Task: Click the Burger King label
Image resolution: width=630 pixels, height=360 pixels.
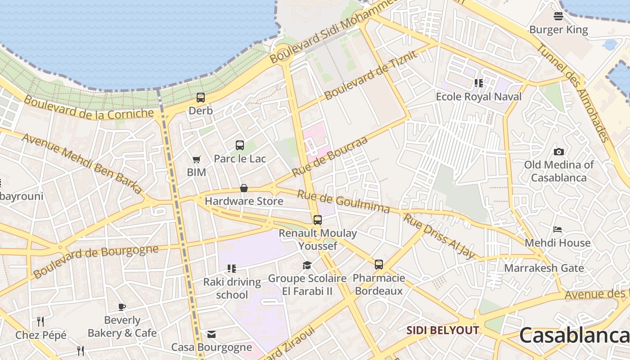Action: click(x=558, y=30)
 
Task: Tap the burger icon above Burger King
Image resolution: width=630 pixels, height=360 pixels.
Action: click(x=558, y=17)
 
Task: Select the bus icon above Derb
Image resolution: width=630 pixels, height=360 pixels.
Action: click(x=201, y=97)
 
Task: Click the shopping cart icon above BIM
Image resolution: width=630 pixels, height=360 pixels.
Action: click(x=196, y=159)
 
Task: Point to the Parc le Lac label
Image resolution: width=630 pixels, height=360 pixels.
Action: click(x=240, y=158)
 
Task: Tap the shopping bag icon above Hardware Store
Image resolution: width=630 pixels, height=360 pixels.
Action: click(x=244, y=188)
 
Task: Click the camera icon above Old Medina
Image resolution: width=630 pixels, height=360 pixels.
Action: click(x=559, y=152)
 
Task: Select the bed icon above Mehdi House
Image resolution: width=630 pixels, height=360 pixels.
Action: click(x=558, y=229)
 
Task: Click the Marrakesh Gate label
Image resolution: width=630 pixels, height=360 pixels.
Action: click(x=544, y=268)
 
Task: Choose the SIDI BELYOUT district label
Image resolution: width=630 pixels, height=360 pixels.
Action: click(x=443, y=330)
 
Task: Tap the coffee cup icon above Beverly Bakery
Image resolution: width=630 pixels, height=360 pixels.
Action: click(x=122, y=307)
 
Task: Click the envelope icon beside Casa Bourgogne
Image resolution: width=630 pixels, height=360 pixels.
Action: click(x=211, y=334)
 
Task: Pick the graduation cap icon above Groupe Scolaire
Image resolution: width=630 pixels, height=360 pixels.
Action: click(x=307, y=265)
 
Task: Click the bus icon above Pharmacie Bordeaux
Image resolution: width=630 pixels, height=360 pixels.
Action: click(x=379, y=265)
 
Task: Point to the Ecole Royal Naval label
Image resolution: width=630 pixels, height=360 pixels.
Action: click(x=479, y=96)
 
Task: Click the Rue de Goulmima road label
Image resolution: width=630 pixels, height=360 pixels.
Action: click(x=343, y=201)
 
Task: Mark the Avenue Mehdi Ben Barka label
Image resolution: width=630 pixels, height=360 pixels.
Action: click(x=82, y=162)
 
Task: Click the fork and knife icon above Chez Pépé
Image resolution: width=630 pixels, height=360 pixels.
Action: click(x=40, y=321)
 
